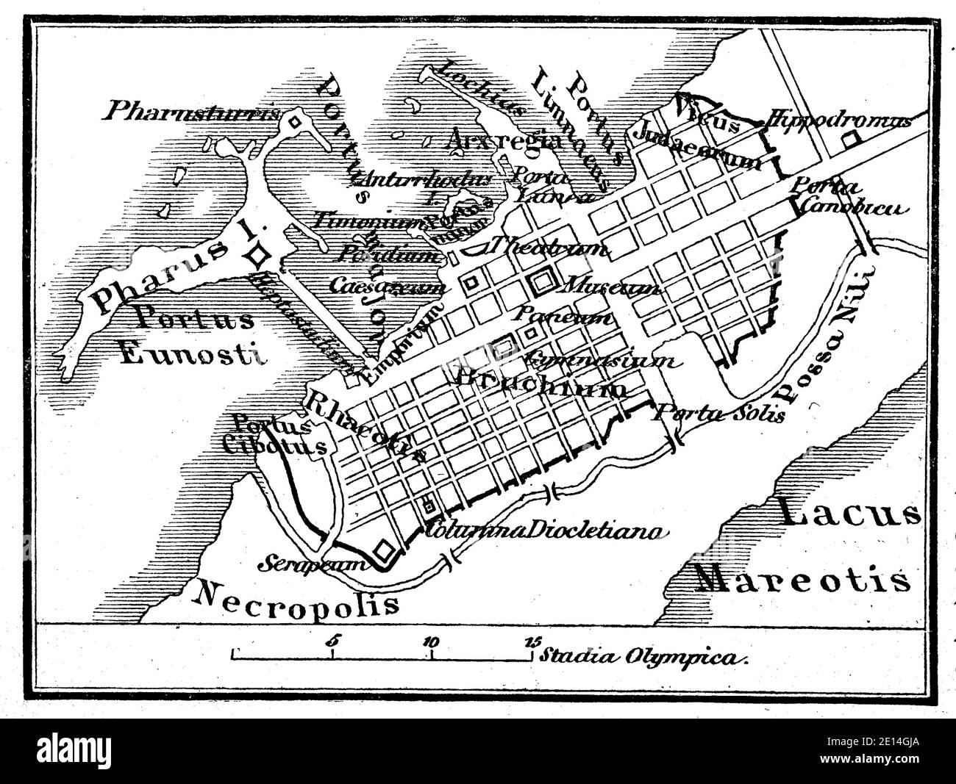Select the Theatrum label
point(550,248)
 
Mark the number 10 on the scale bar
point(431,641)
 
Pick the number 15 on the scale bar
point(531,641)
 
